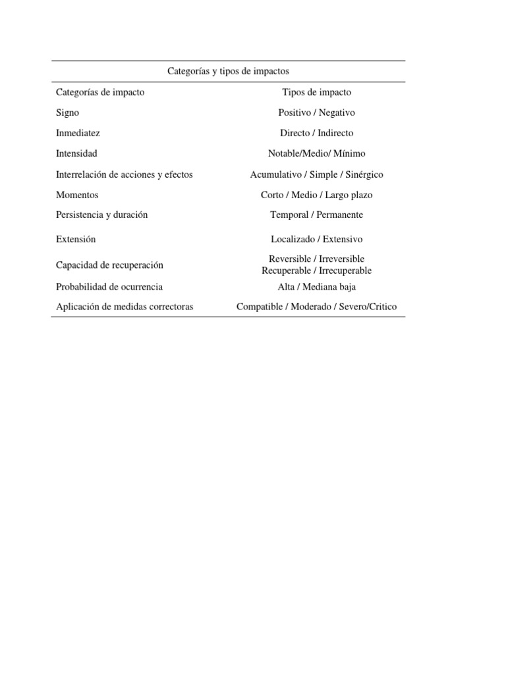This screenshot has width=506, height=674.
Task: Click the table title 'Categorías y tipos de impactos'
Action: click(x=228, y=71)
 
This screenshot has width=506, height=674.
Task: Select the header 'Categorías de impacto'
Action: click(x=100, y=92)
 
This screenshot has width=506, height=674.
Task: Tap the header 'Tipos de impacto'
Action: click(x=316, y=92)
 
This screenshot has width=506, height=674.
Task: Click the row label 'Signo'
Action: click(x=68, y=113)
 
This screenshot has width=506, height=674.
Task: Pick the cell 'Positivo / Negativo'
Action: click(x=316, y=113)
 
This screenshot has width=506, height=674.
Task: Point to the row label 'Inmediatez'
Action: click(x=78, y=133)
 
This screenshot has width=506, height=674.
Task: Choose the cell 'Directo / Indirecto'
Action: click(x=316, y=133)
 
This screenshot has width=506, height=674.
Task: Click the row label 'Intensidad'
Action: click(x=77, y=153)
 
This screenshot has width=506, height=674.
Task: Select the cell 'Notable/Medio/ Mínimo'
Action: click(x=316, y=153)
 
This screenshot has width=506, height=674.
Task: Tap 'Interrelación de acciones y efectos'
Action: click(x=125, y=174)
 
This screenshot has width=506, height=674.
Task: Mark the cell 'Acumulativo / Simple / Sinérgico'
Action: click(x=316, y=174)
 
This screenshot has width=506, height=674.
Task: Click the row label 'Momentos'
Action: click(x=78, y=195)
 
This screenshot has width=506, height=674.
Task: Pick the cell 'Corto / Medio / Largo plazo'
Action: click(x=316, y=195)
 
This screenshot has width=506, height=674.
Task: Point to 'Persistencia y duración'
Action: click(x=102, y=215)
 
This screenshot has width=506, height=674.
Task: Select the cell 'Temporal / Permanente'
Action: click(x=316, y=215)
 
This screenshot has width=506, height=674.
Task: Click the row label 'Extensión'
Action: click(x=76, y=239)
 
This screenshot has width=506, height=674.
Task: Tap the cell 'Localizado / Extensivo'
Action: click(x=316, y=239)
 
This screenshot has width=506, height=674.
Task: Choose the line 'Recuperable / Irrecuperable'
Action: click(x=316, y=271)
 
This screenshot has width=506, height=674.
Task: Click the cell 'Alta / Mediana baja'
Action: click(x=316, y=287)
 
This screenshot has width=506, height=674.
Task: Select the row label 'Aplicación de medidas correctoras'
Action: click(x=125, y=307)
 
